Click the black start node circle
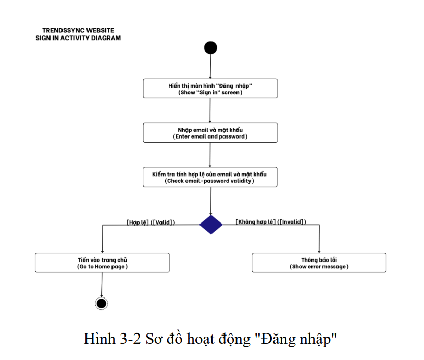click(x=210, y=48)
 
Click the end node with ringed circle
click(x=102, y=303)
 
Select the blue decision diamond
click(x=211, y=225)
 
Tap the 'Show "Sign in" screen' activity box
click(x=210, y=88)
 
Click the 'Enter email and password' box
click(x=210, y=132)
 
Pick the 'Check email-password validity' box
click(x=210, y=177)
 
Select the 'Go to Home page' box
click(x=102, y=263)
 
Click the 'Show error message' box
click(x=319, y=263)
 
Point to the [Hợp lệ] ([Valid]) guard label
click(x=151, y=221)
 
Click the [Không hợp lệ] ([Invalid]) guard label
click(x=271, y=221)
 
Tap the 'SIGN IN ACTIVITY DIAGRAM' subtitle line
click(x=78, y=38)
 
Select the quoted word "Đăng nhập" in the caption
click(x=303, y=339)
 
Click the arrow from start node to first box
click(x=210, y=67)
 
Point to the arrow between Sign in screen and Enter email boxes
click(x=210, y=110)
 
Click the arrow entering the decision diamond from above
click(x=211, y=201)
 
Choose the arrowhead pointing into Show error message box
click(x=319, y=251)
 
